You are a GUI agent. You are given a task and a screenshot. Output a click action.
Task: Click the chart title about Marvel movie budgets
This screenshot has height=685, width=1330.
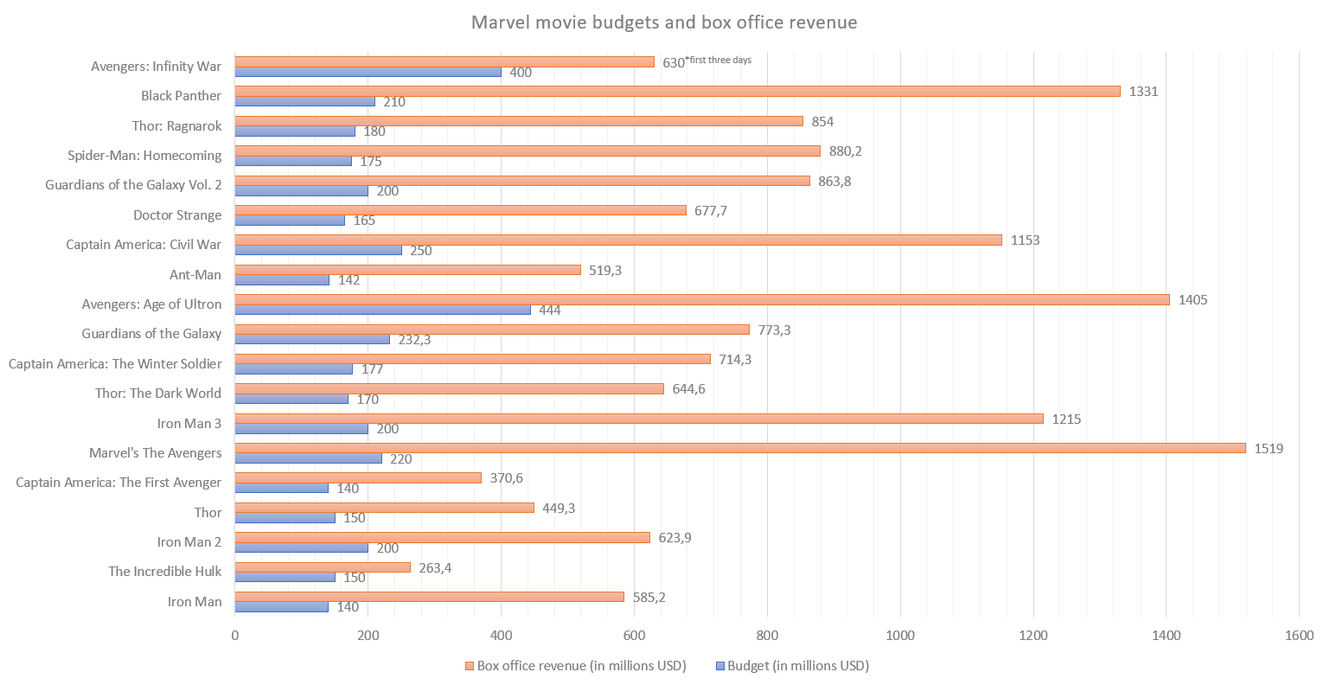664,22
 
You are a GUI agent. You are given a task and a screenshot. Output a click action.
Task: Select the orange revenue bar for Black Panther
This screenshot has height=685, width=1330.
677,91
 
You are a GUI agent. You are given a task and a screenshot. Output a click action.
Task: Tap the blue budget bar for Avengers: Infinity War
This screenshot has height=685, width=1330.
368,72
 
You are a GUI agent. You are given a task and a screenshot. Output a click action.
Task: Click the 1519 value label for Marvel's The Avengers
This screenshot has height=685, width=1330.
1269,448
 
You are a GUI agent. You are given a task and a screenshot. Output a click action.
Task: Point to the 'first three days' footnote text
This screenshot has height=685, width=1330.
719,60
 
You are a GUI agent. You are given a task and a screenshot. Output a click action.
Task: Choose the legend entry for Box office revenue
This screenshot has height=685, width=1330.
576,665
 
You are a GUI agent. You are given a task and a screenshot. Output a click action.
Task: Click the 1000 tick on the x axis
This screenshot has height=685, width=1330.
900,636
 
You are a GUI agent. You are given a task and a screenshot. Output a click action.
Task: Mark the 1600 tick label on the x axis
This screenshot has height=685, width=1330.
1299,636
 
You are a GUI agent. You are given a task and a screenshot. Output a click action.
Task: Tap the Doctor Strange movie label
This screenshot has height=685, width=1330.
177,214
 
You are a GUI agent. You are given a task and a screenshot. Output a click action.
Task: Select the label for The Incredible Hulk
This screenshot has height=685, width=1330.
164,571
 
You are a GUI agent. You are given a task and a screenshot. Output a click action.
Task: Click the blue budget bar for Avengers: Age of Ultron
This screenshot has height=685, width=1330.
382,310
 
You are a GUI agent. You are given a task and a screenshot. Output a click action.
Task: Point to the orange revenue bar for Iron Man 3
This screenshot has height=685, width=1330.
639,419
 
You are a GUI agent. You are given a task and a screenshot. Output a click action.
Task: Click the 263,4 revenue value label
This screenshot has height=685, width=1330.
436,567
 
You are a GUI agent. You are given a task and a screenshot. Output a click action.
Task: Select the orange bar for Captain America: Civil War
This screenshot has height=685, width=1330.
618,240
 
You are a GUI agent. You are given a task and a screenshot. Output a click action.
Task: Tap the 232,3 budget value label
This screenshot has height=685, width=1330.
414,340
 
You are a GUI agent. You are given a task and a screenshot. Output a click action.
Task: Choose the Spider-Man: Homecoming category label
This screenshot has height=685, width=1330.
144,156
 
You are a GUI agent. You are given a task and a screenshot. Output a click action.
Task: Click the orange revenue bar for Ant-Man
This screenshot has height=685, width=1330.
407,270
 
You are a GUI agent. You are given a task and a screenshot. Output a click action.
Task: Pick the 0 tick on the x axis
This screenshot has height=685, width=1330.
235,636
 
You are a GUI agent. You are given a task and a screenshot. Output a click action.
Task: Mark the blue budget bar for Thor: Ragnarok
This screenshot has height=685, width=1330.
295,131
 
